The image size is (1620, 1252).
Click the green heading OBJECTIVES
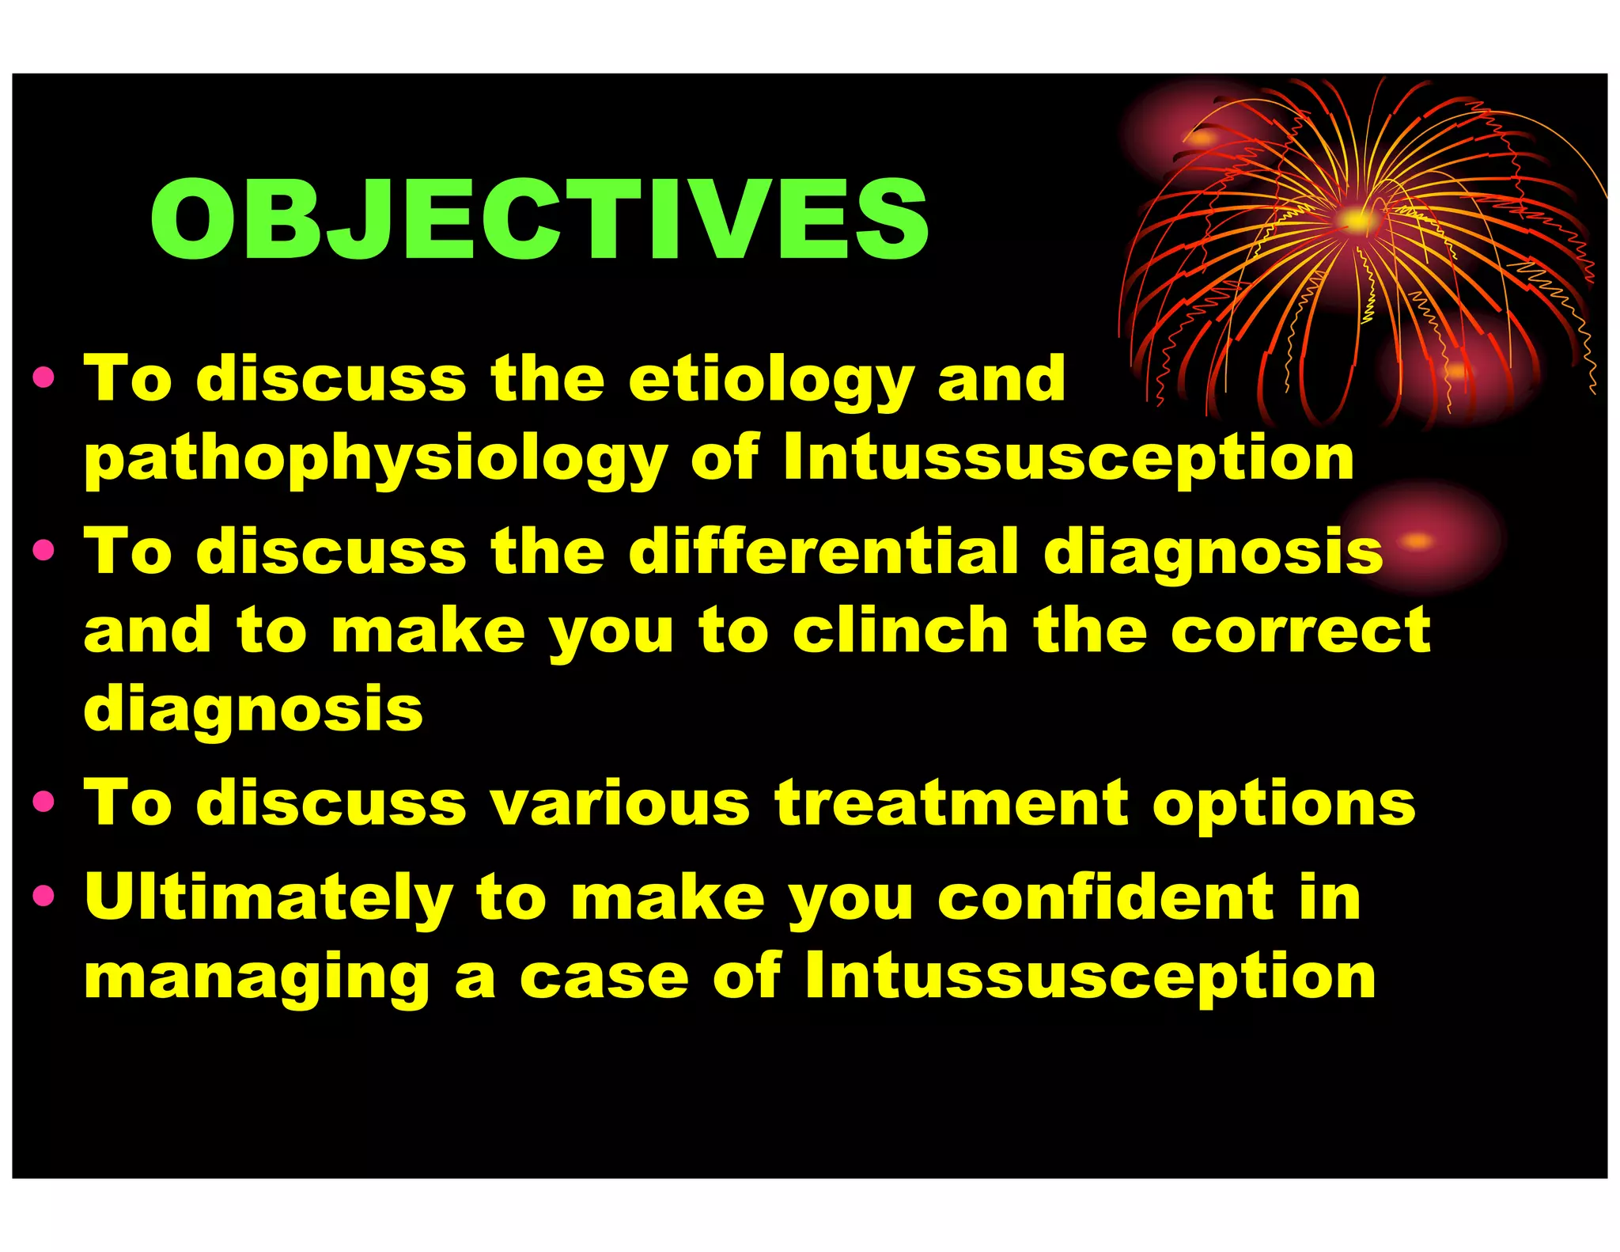pos(539,219)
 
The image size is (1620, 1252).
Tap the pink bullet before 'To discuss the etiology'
pos(44,377)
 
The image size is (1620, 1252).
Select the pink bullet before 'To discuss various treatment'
pos(44,802)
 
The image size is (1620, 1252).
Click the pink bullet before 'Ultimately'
pos(44,896)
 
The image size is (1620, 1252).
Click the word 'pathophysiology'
pos(377,461)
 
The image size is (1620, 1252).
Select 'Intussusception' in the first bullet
pos(1069,459)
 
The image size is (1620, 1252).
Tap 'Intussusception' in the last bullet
pos(1090,977)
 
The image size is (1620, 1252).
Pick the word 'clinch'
pos(901,631)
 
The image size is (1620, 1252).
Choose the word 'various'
pos(619,803)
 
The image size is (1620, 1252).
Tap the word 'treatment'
pos(952,803)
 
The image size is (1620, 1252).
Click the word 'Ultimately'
pos(269,899)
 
